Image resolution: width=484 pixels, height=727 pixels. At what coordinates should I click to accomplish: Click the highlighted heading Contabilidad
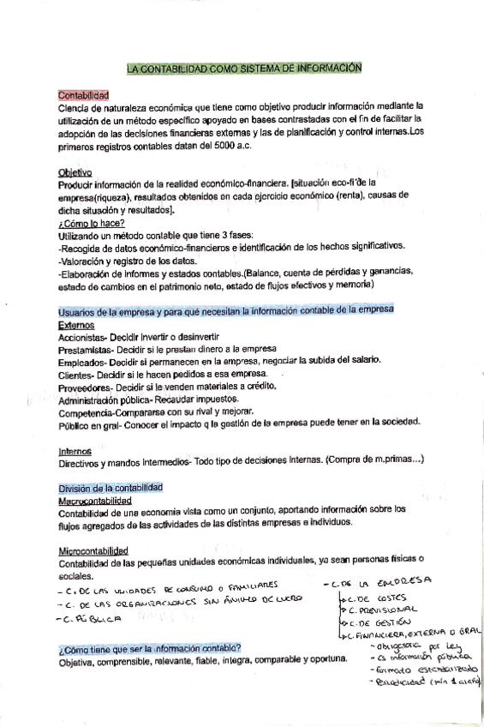coord(83,95)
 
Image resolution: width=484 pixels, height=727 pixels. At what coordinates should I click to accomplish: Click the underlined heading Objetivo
coord(74,171)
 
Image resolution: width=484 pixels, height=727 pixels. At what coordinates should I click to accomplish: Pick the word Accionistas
coord(82,339)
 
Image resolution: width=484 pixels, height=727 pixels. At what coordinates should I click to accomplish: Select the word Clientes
coord(75,375)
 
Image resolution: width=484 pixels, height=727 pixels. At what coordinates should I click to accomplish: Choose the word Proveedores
coord(84,387)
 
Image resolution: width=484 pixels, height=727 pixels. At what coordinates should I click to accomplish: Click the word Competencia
coord(86,412)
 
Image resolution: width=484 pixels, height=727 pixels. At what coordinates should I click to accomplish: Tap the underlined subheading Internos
coord(75,451)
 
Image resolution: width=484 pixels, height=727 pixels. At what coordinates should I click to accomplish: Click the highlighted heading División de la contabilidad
coord(110,487)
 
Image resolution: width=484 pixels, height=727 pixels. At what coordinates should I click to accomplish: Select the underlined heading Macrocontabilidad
coord(94,499)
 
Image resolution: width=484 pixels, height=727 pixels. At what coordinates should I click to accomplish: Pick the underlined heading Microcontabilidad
coord(93,550)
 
